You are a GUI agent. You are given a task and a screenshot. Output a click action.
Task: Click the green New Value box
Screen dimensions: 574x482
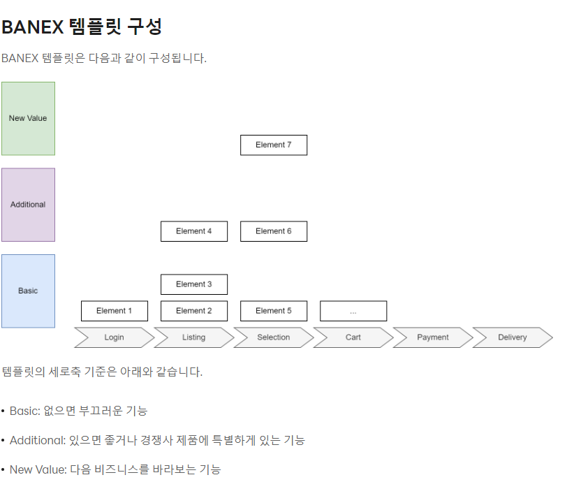pos(28,118)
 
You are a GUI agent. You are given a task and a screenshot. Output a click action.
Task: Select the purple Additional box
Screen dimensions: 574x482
pos(28,205)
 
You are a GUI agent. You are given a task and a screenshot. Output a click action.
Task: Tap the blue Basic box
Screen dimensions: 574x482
pos(28,291)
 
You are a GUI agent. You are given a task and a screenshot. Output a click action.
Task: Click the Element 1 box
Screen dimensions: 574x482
pos(115,311)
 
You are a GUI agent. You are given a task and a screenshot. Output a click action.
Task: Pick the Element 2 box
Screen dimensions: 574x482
pos(194,311)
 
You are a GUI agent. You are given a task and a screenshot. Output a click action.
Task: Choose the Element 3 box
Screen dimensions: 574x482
pos(194,284)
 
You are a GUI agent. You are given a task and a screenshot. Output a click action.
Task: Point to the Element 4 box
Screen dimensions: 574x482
pos(194,231)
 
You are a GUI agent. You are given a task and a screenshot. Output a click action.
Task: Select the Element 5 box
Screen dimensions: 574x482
pos(274,311)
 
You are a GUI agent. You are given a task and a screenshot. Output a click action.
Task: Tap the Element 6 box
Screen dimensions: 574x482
pos(274,231)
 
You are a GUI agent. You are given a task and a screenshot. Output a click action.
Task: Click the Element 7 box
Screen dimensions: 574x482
pos(274,145)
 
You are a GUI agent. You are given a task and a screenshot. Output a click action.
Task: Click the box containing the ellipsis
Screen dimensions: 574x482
pos(353,311)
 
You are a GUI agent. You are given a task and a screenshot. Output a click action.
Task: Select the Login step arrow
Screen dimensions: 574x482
pos(114,337)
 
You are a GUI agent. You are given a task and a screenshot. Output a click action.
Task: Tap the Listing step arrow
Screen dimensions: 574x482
pos(193,337)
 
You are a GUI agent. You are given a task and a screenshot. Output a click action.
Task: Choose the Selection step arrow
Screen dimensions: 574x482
pos(273,337)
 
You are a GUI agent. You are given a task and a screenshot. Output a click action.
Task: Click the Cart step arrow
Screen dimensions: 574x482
pos(353,337)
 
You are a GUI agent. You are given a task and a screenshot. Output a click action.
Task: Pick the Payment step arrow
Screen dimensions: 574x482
pos(433,337)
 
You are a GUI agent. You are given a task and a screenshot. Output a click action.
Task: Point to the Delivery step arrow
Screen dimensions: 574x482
pos(513,337)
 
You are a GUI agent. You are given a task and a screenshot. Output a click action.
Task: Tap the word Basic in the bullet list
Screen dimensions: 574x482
pos(24,411)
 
